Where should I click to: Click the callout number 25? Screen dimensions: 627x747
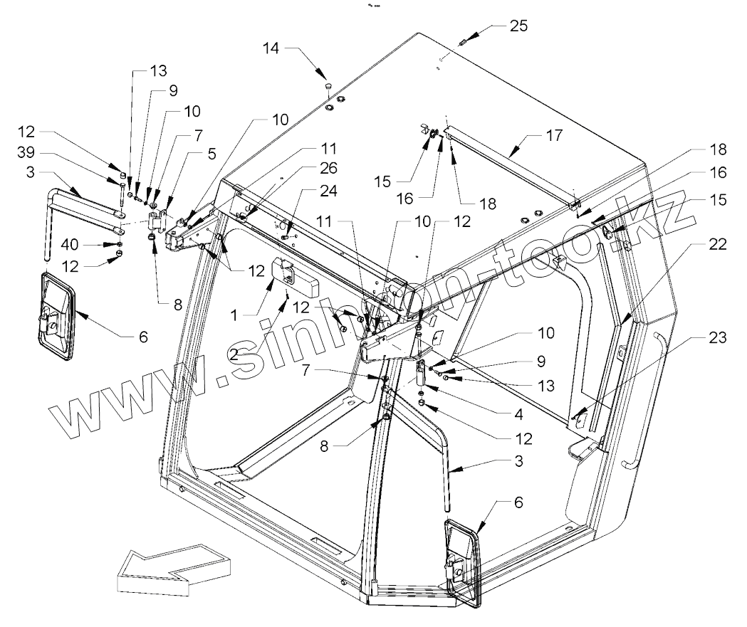(x=518, y=26)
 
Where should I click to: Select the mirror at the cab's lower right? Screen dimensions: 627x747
(x=461, y=562)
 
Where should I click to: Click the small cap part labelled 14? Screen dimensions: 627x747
(x=328, y=87)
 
